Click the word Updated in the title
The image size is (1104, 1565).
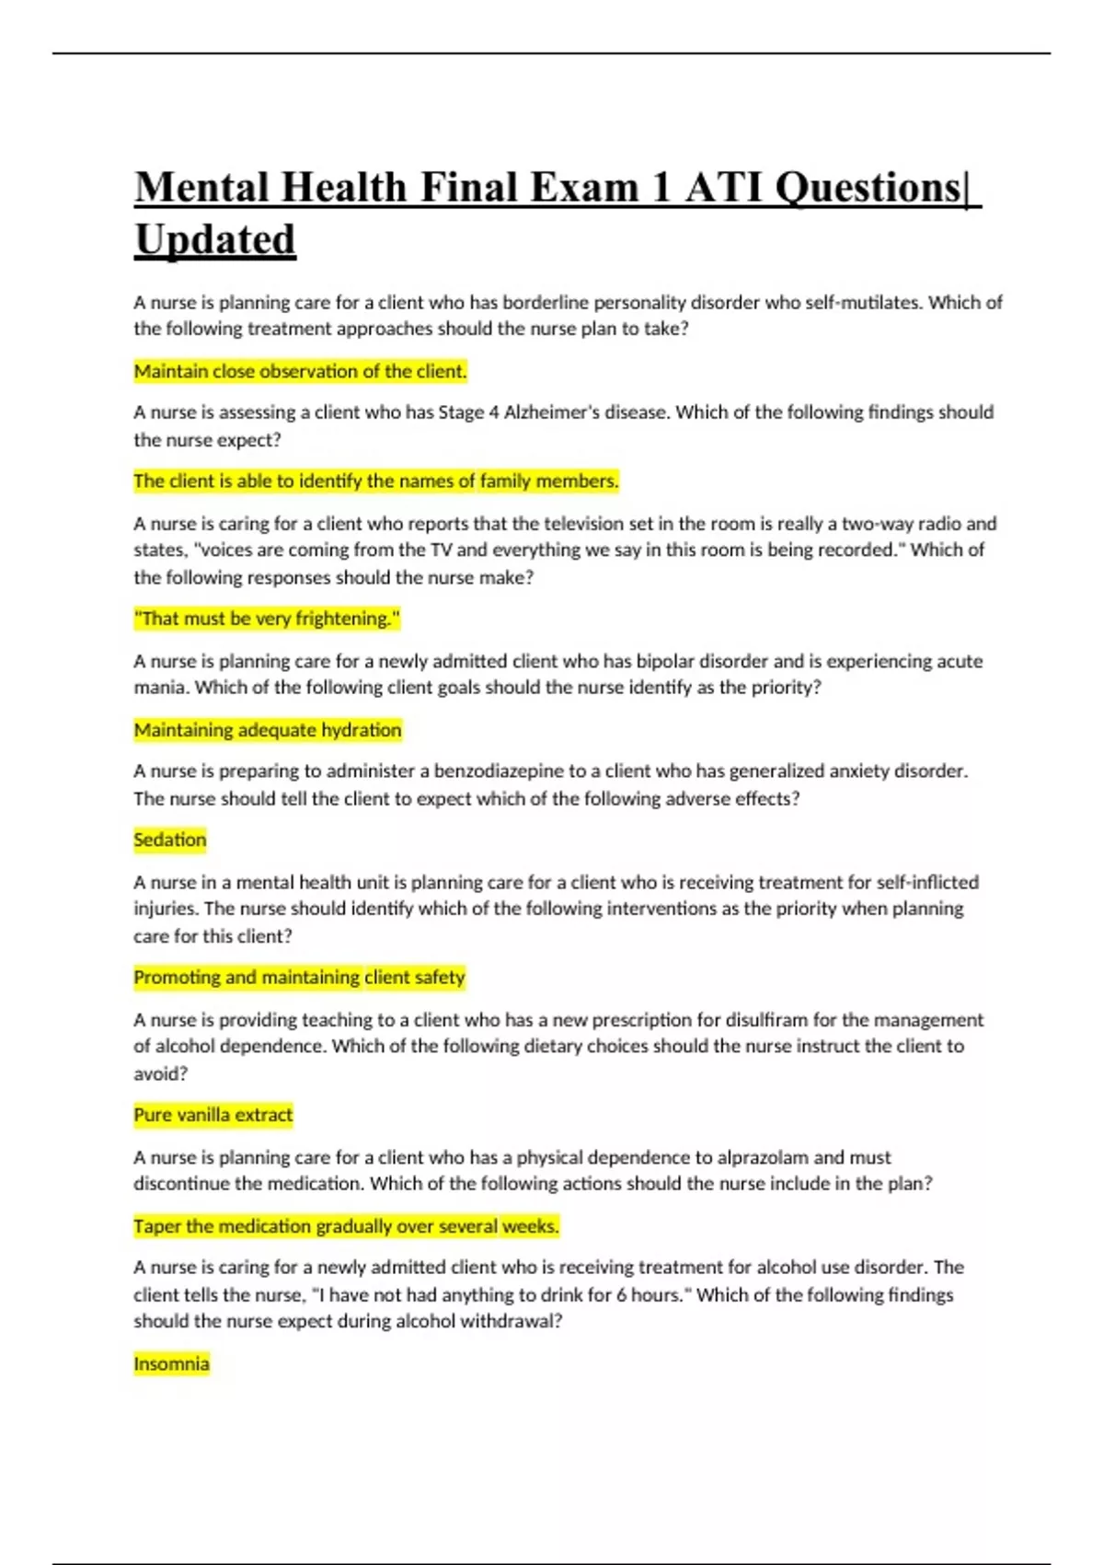tap(215, 239)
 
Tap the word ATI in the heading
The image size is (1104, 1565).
tap(723, 187)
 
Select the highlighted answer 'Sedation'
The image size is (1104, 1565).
tap(170, 840)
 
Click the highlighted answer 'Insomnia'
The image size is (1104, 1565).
tap(171, 1363)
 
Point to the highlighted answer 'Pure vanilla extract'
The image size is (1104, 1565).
tap(213, 1115)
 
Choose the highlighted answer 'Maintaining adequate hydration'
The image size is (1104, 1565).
tap(268, 730)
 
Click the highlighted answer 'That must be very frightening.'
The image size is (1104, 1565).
tap(267, 619)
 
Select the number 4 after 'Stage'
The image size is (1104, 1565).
tap(494, 412)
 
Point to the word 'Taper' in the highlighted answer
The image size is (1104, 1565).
tap(157, 1226)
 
